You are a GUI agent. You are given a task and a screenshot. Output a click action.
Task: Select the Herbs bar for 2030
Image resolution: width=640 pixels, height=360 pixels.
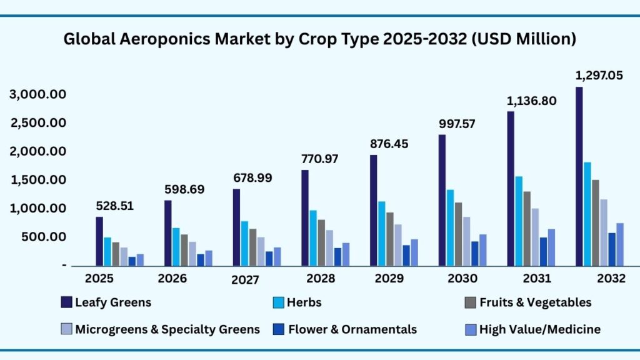[449, 227]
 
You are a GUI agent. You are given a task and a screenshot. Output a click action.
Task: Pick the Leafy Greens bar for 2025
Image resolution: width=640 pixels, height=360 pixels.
[99, 241]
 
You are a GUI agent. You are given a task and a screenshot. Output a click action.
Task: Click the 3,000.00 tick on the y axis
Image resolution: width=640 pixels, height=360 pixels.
[38, 94]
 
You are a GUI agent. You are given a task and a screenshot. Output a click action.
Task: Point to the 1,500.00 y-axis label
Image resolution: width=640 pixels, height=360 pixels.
[38, 180]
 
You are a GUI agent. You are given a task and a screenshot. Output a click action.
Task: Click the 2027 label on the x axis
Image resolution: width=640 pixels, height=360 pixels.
[244, 280]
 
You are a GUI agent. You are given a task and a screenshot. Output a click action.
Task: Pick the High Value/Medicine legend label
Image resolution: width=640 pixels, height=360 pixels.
[539, 329]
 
